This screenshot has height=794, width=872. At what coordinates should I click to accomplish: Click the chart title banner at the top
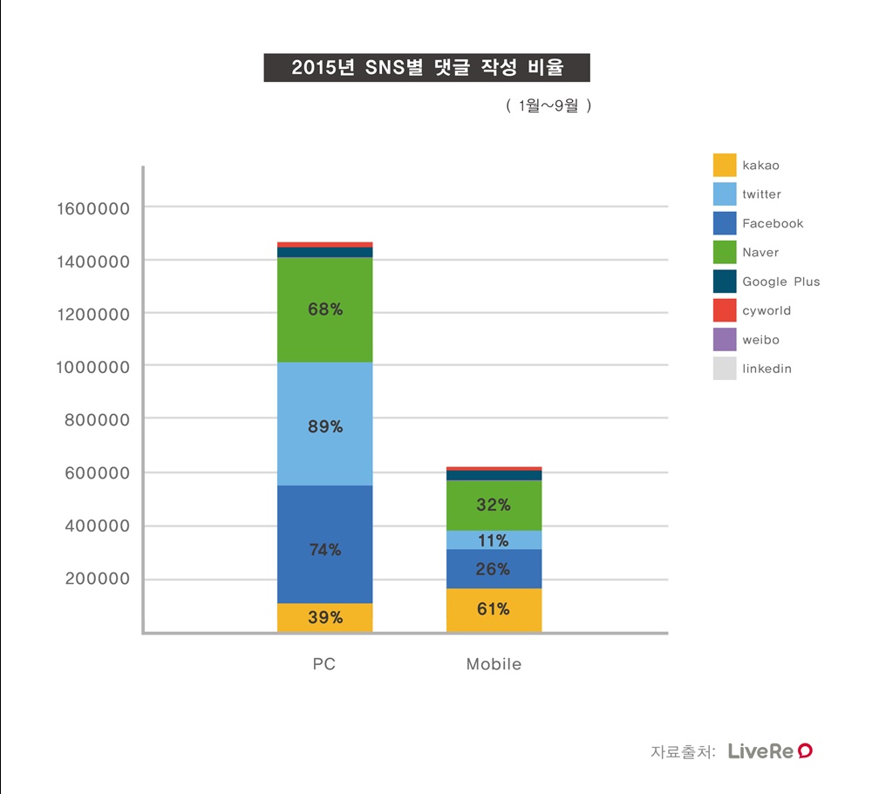click(x=426, y=68)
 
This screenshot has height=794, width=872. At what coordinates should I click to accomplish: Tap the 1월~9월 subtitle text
click(x=548, y=106)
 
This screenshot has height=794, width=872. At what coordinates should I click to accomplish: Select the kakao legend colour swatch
click(x=725, y=165)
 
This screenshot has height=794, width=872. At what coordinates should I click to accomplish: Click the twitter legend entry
click(x=761, y=194)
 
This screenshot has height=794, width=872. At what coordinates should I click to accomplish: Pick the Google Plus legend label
click(x=780, y=282)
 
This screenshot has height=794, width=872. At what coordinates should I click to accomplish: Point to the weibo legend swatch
click(x=725, y=340)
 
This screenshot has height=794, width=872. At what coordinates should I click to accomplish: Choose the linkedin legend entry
click(x=766, y=369)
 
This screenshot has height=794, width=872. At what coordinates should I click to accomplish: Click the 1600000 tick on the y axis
click(x=92, y=208)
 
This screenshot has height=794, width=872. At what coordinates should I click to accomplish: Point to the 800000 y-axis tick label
click(x=97, y=419)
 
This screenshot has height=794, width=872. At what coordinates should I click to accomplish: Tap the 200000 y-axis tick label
click(x=97, y=580)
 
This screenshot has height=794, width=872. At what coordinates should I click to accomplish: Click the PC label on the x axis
click(x=324, y=664)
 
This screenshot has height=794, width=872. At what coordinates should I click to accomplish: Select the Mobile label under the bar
click(x=494, y=664)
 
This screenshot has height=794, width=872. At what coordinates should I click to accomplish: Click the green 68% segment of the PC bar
click(x=324, y=309)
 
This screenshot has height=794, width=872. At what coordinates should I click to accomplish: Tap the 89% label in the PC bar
click(x=324, y=427)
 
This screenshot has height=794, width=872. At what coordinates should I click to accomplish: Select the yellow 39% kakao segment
click(x=324, y=618)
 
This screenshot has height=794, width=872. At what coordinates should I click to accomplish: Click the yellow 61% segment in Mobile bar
click(x=494, y=610)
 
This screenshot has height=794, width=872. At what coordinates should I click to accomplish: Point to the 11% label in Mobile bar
click(x=494, y=541)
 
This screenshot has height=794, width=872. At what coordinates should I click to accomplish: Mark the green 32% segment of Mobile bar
click(x=494, y=506)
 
